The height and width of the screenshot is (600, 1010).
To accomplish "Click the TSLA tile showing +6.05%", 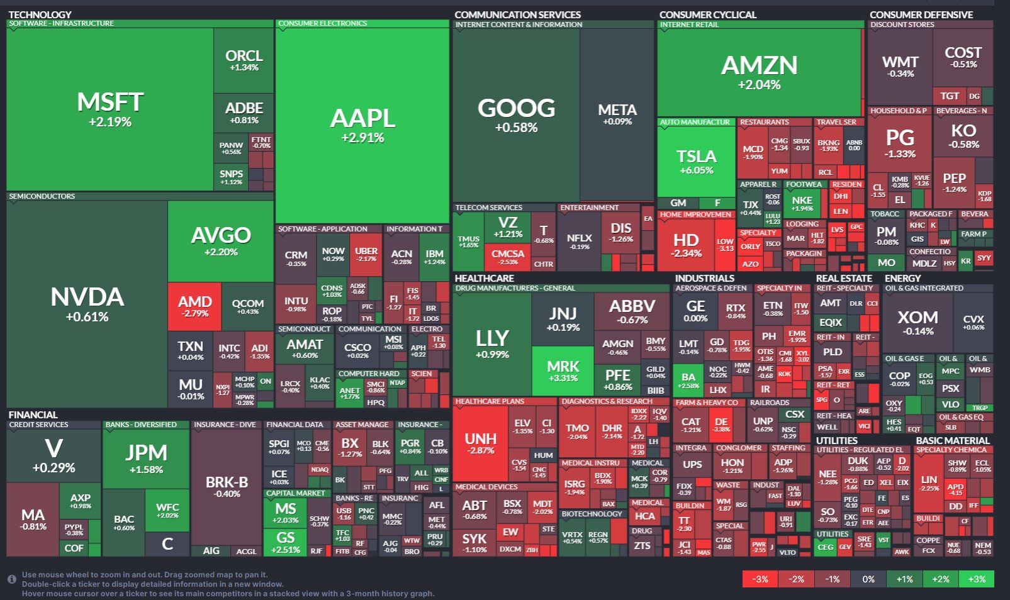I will click(x=696, y=162).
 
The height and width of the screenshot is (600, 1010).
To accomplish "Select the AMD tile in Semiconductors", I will click(x=194, y=306).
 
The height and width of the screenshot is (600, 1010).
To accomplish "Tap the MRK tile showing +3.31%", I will click(x=563, y=370).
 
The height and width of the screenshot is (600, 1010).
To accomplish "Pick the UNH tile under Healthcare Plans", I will click(x=480, y=443).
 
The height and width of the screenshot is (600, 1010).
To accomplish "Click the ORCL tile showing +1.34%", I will click(x=244, y=60).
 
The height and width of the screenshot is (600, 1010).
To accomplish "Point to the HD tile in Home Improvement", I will click(x=686, y=244).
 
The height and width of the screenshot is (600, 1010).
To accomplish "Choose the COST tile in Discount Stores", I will click(x=963, y=57).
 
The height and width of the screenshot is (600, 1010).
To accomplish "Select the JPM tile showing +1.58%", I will click(x=146, y=458).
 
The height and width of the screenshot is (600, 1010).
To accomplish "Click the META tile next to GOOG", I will click(x=617, y=114).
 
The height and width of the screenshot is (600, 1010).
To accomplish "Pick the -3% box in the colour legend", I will click(x=760, y=579).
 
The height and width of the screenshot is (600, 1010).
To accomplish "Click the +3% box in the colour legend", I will click(x=977, y=579).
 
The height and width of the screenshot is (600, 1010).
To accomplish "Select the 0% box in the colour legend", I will click(x=868, y=579).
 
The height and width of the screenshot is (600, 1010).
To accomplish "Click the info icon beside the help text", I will click(x=12, y=579).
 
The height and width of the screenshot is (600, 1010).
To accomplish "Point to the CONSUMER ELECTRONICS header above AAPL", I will click(x=322, y=24).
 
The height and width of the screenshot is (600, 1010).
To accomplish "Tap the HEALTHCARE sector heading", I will click(x=484, y=278).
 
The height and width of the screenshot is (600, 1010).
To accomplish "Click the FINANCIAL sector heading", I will click(x=33, y=414).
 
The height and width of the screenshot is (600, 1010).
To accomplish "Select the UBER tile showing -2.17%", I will click(x=366, y=254).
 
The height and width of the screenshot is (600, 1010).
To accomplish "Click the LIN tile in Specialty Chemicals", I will click(x=929, y=482).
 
